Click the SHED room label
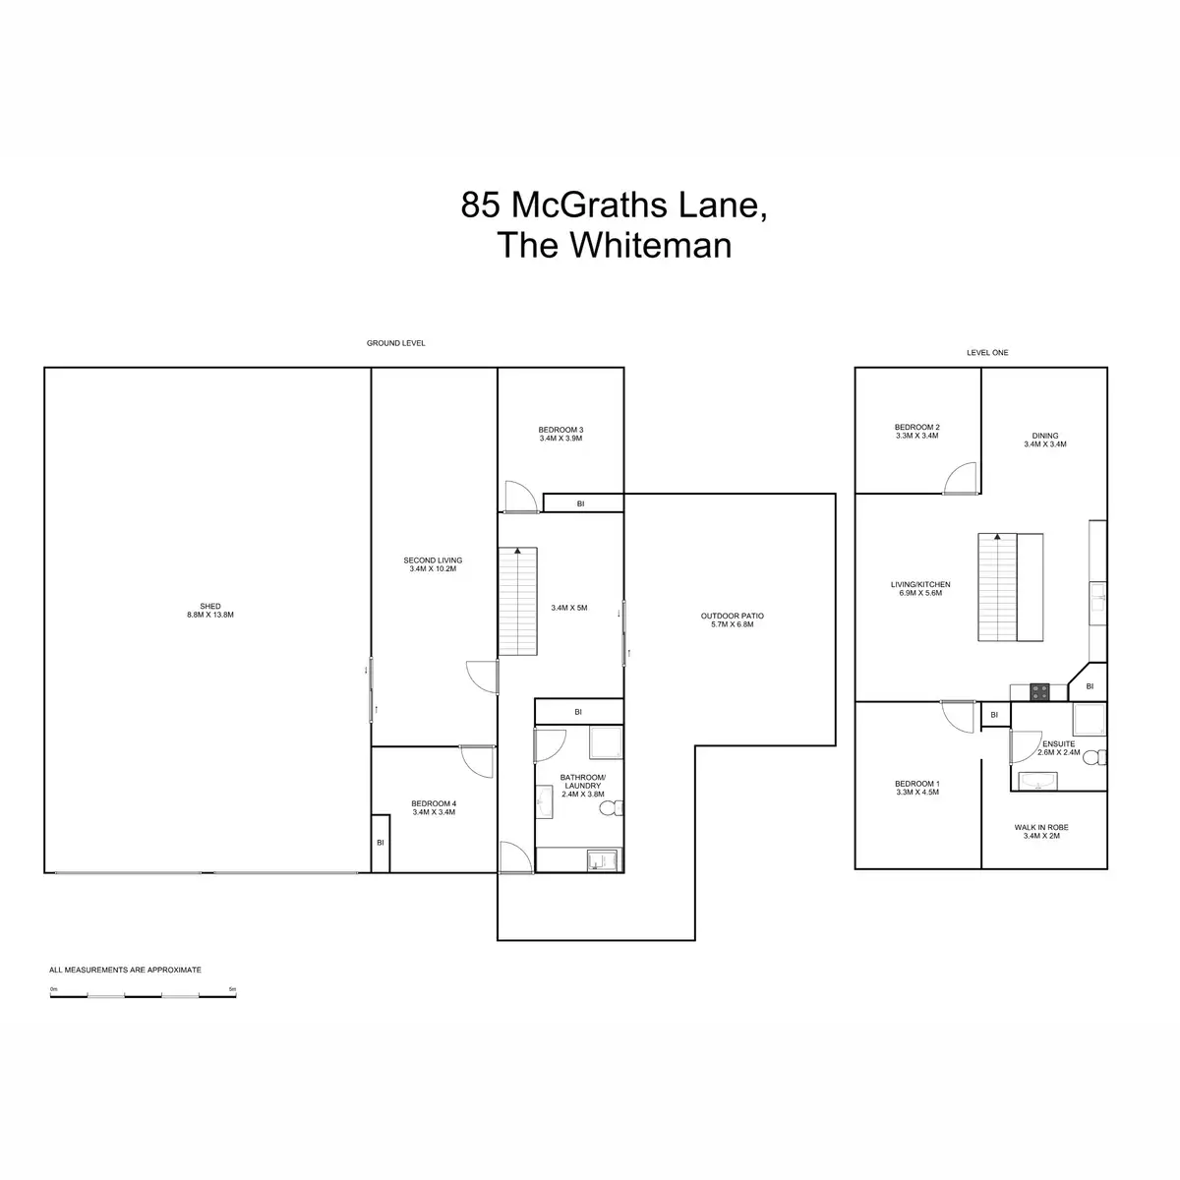point(209,610)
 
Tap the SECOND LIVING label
point(433,564)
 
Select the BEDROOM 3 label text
point(560,434)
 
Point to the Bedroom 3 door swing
point(519,497)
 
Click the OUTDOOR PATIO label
point(733,619)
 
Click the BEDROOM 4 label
point(433,807)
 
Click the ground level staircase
point(517,602)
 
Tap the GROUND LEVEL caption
point(395,343)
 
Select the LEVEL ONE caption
point(987,352)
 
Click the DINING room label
point(1044,440)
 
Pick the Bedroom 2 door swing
point(960,478)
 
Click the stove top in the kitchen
point(1039,691)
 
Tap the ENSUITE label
point(1057,747)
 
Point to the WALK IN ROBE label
point(1041,831)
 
